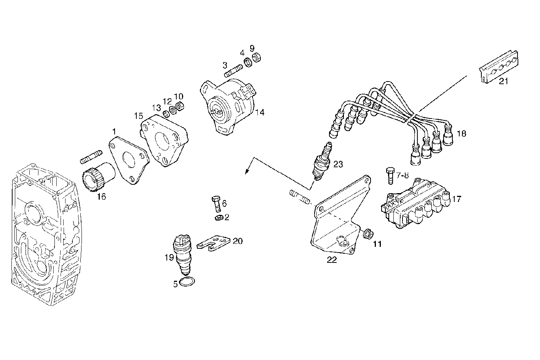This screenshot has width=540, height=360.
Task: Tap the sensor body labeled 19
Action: click(182, 253)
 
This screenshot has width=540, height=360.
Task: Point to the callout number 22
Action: click(332, 260)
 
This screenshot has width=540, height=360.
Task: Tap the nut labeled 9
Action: click(256, 58)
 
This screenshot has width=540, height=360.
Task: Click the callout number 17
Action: click(457, 198)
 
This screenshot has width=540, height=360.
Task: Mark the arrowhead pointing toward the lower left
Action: click(247, 171)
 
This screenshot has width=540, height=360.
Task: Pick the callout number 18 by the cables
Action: click(461, 134)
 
